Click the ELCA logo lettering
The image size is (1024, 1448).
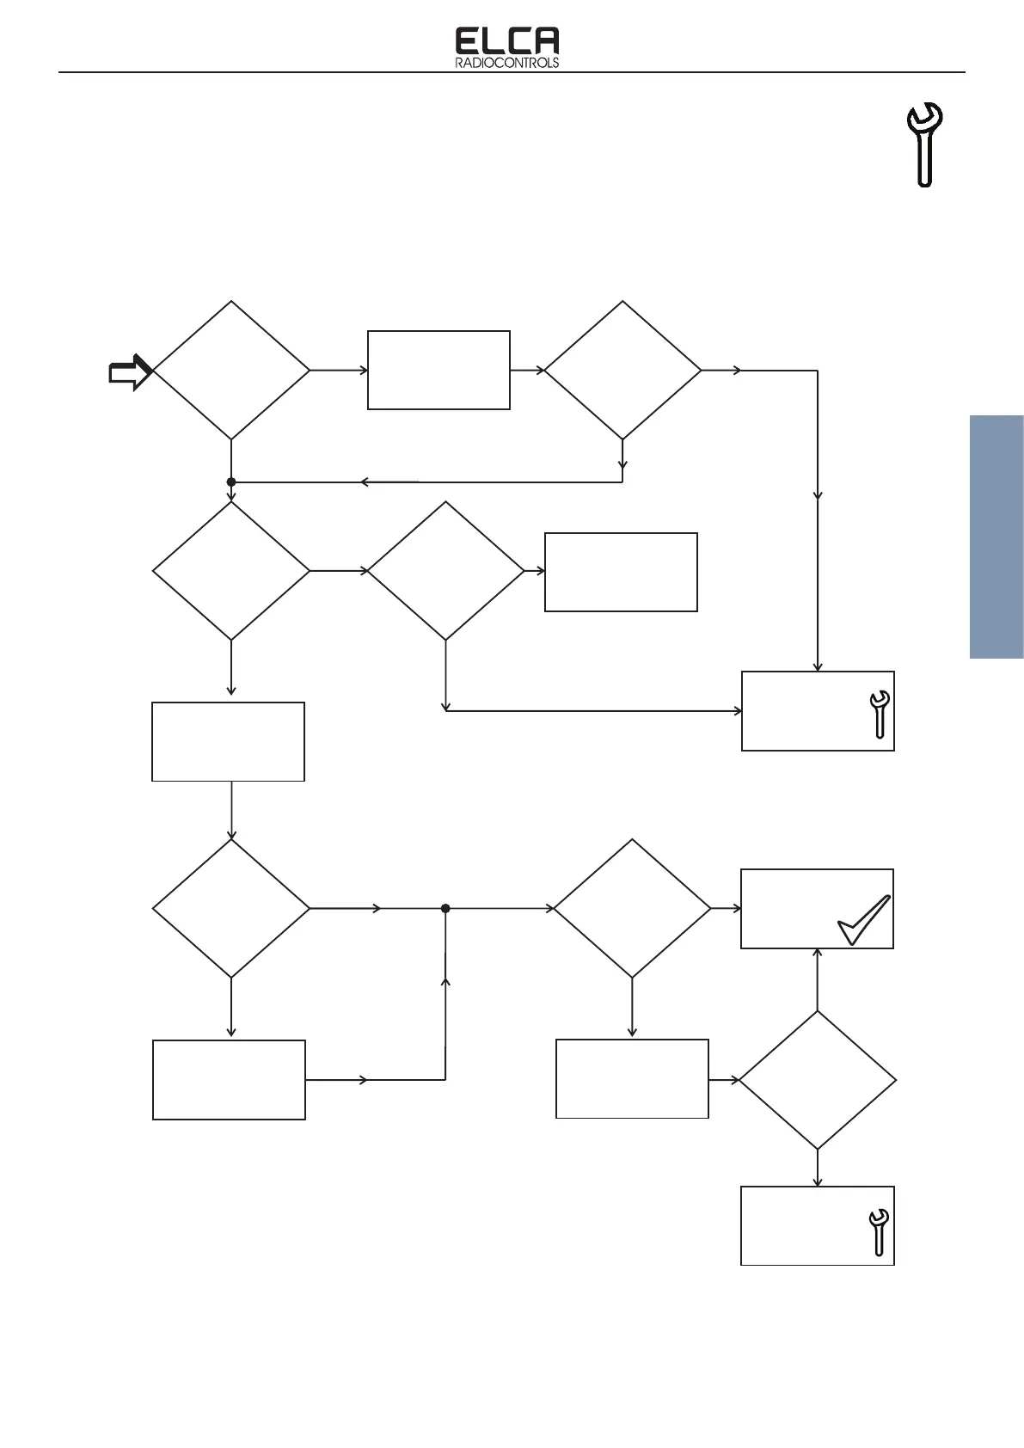[506, 42]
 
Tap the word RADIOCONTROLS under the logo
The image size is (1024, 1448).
[506, 63]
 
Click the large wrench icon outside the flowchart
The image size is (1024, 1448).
[924, 144]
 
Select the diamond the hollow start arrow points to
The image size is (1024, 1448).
[231, 371]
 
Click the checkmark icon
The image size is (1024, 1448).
[863, 920]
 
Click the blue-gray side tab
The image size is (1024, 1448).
[996, 537]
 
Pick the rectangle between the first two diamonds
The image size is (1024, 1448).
[438, 370]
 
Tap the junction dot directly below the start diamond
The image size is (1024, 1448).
[231, 482]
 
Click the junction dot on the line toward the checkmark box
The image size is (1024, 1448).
[445, 909]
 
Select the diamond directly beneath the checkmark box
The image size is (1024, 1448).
[817, 1080]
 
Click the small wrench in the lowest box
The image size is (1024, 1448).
[878, 1232]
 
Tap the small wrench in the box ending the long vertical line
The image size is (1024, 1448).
[880, 714]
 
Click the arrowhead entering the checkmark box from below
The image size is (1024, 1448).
[817, 954]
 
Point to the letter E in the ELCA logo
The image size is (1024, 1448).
[468, 42]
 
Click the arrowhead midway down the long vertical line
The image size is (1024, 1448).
[818, 495]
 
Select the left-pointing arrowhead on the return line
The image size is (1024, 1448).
[365, 482]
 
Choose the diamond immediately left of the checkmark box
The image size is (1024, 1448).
[632, 908]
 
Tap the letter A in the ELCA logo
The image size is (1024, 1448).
[545, 42]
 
